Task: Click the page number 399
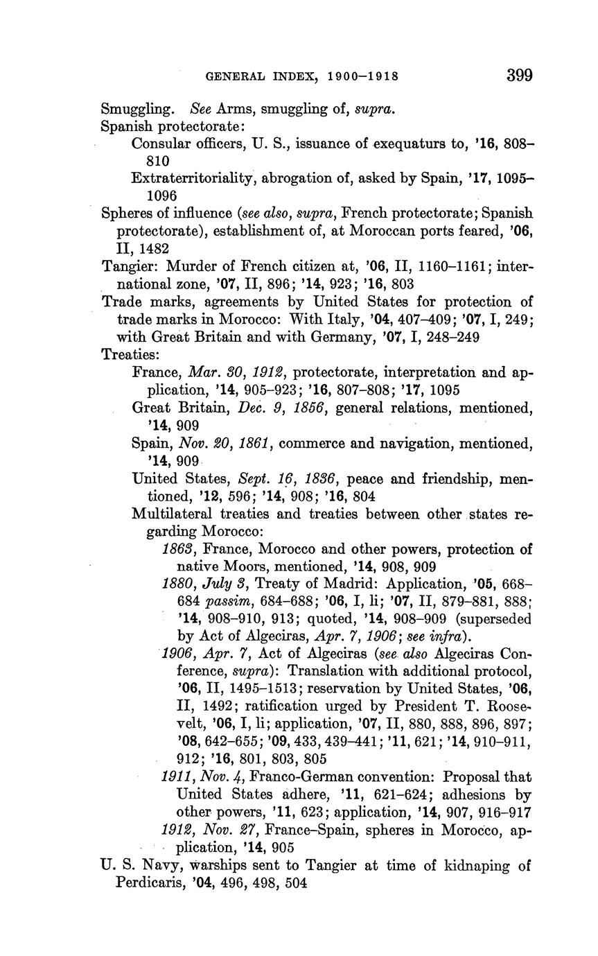click(x=519, y=76)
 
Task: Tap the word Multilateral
click(x=172, y=514)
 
